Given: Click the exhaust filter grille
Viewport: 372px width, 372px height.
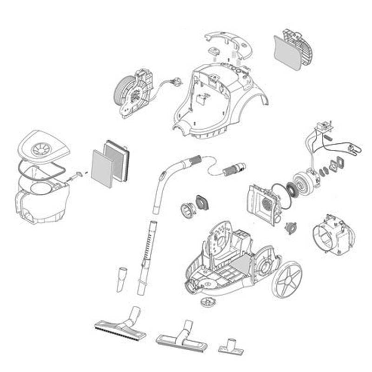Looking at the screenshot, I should coord(293,50).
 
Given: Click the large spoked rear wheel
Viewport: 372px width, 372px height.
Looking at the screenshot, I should coord(286,279).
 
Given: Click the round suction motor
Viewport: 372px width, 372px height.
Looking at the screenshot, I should coord(304,181).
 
